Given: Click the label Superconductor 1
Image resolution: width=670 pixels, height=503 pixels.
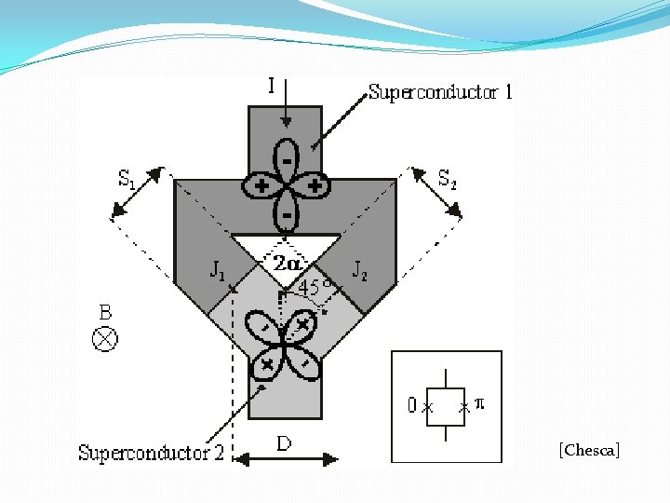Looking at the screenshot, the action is [x=440, y=92].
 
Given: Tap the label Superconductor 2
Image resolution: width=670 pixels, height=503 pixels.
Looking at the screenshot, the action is [x=151, y=454].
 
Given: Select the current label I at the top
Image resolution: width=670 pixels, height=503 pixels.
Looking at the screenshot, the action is [x=271, y=87].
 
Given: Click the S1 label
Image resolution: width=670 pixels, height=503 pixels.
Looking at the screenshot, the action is [x=127, y=179].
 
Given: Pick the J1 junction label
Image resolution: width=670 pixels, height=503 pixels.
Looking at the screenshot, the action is [x=217, y=271].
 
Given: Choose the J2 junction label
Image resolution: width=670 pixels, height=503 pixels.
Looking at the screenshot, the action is [x=360, y=270].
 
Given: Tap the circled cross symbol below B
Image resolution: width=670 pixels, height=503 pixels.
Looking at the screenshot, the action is [x=105, y=338].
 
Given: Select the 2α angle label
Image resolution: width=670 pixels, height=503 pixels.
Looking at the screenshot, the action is [x=287, y=264].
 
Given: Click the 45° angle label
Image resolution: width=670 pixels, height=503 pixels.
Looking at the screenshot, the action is [x=315, y=288].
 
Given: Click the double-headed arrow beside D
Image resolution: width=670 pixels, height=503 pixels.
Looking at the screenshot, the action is [x=286, y=458].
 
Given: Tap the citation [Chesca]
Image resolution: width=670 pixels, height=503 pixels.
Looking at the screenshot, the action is [x=589, y=451].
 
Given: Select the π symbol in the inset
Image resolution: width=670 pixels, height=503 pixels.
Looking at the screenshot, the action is [x=479, y=403].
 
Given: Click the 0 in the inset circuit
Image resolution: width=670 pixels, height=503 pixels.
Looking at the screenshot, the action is [x=411, y=406].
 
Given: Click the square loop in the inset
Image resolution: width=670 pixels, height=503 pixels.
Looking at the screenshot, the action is [x=446, y=406].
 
